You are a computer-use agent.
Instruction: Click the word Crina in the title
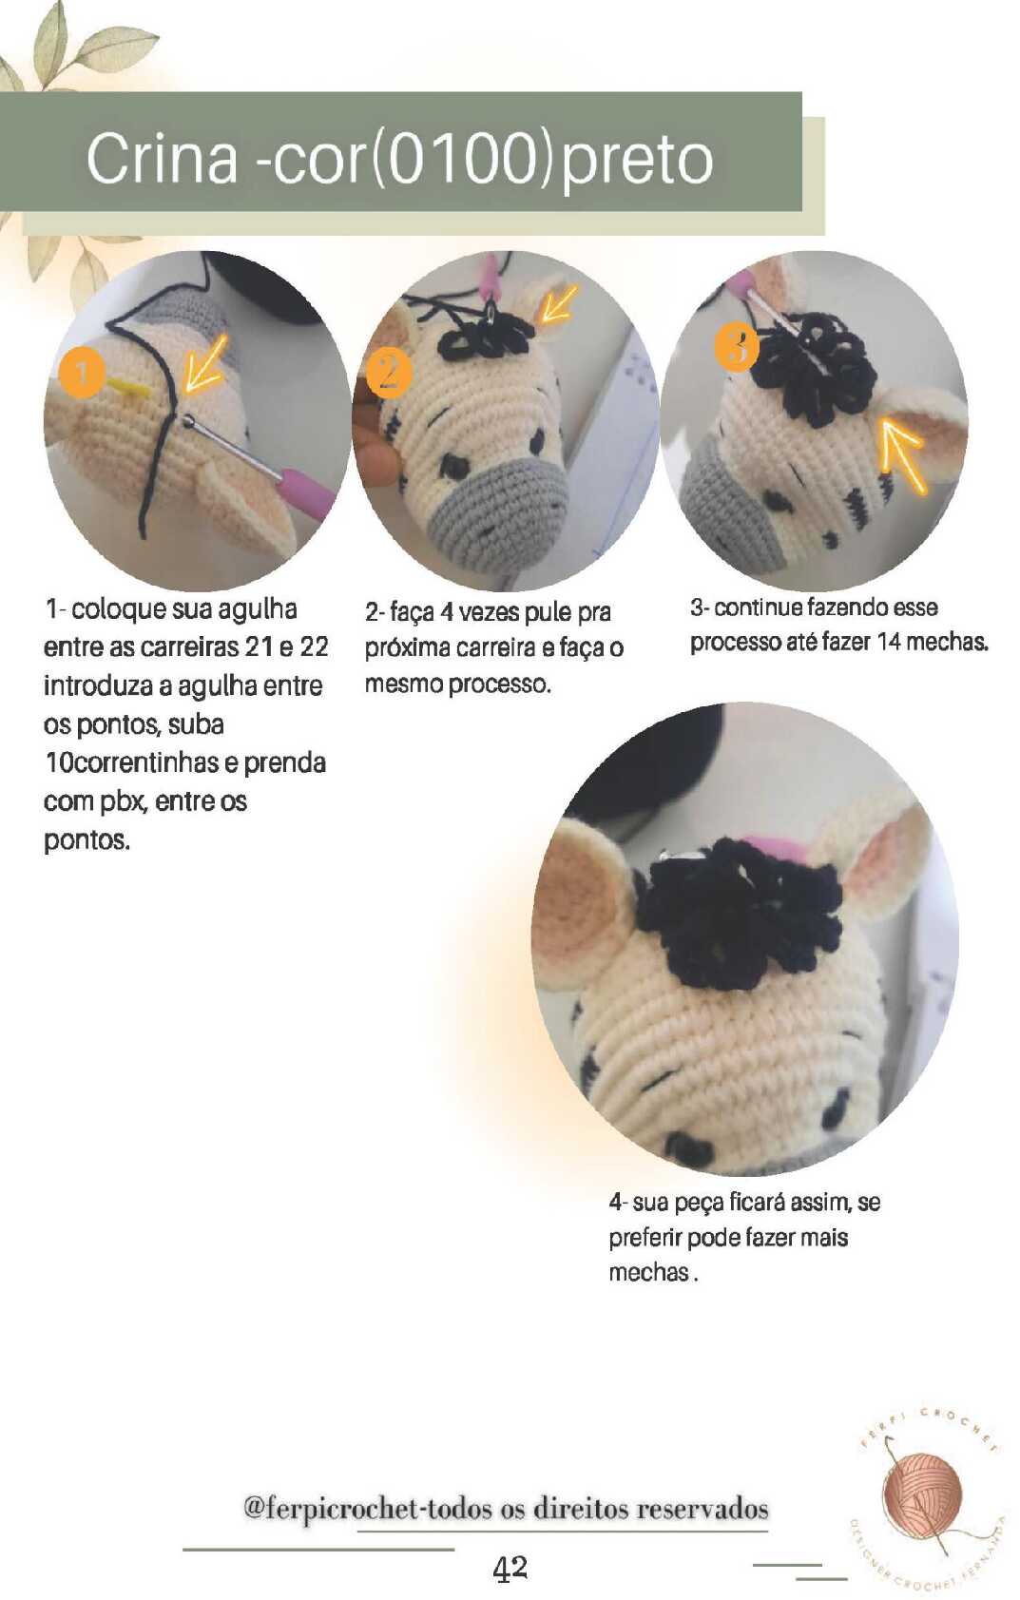pyautogui.click(x=162, y=158)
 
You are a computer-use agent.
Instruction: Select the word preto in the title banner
pyautogui.click(x=636, y=160)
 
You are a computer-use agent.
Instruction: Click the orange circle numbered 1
pyautogui.click(x=82, y=372)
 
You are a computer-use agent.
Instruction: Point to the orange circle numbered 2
pyautogui.click(x=389, y=375)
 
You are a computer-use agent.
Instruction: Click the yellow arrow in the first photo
pyautogui.click(x=205, y=365)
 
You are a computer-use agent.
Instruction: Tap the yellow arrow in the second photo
pyautogui.click(x=558, y=302)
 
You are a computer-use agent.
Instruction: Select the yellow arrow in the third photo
pyautogui.click(x=904, y=455)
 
